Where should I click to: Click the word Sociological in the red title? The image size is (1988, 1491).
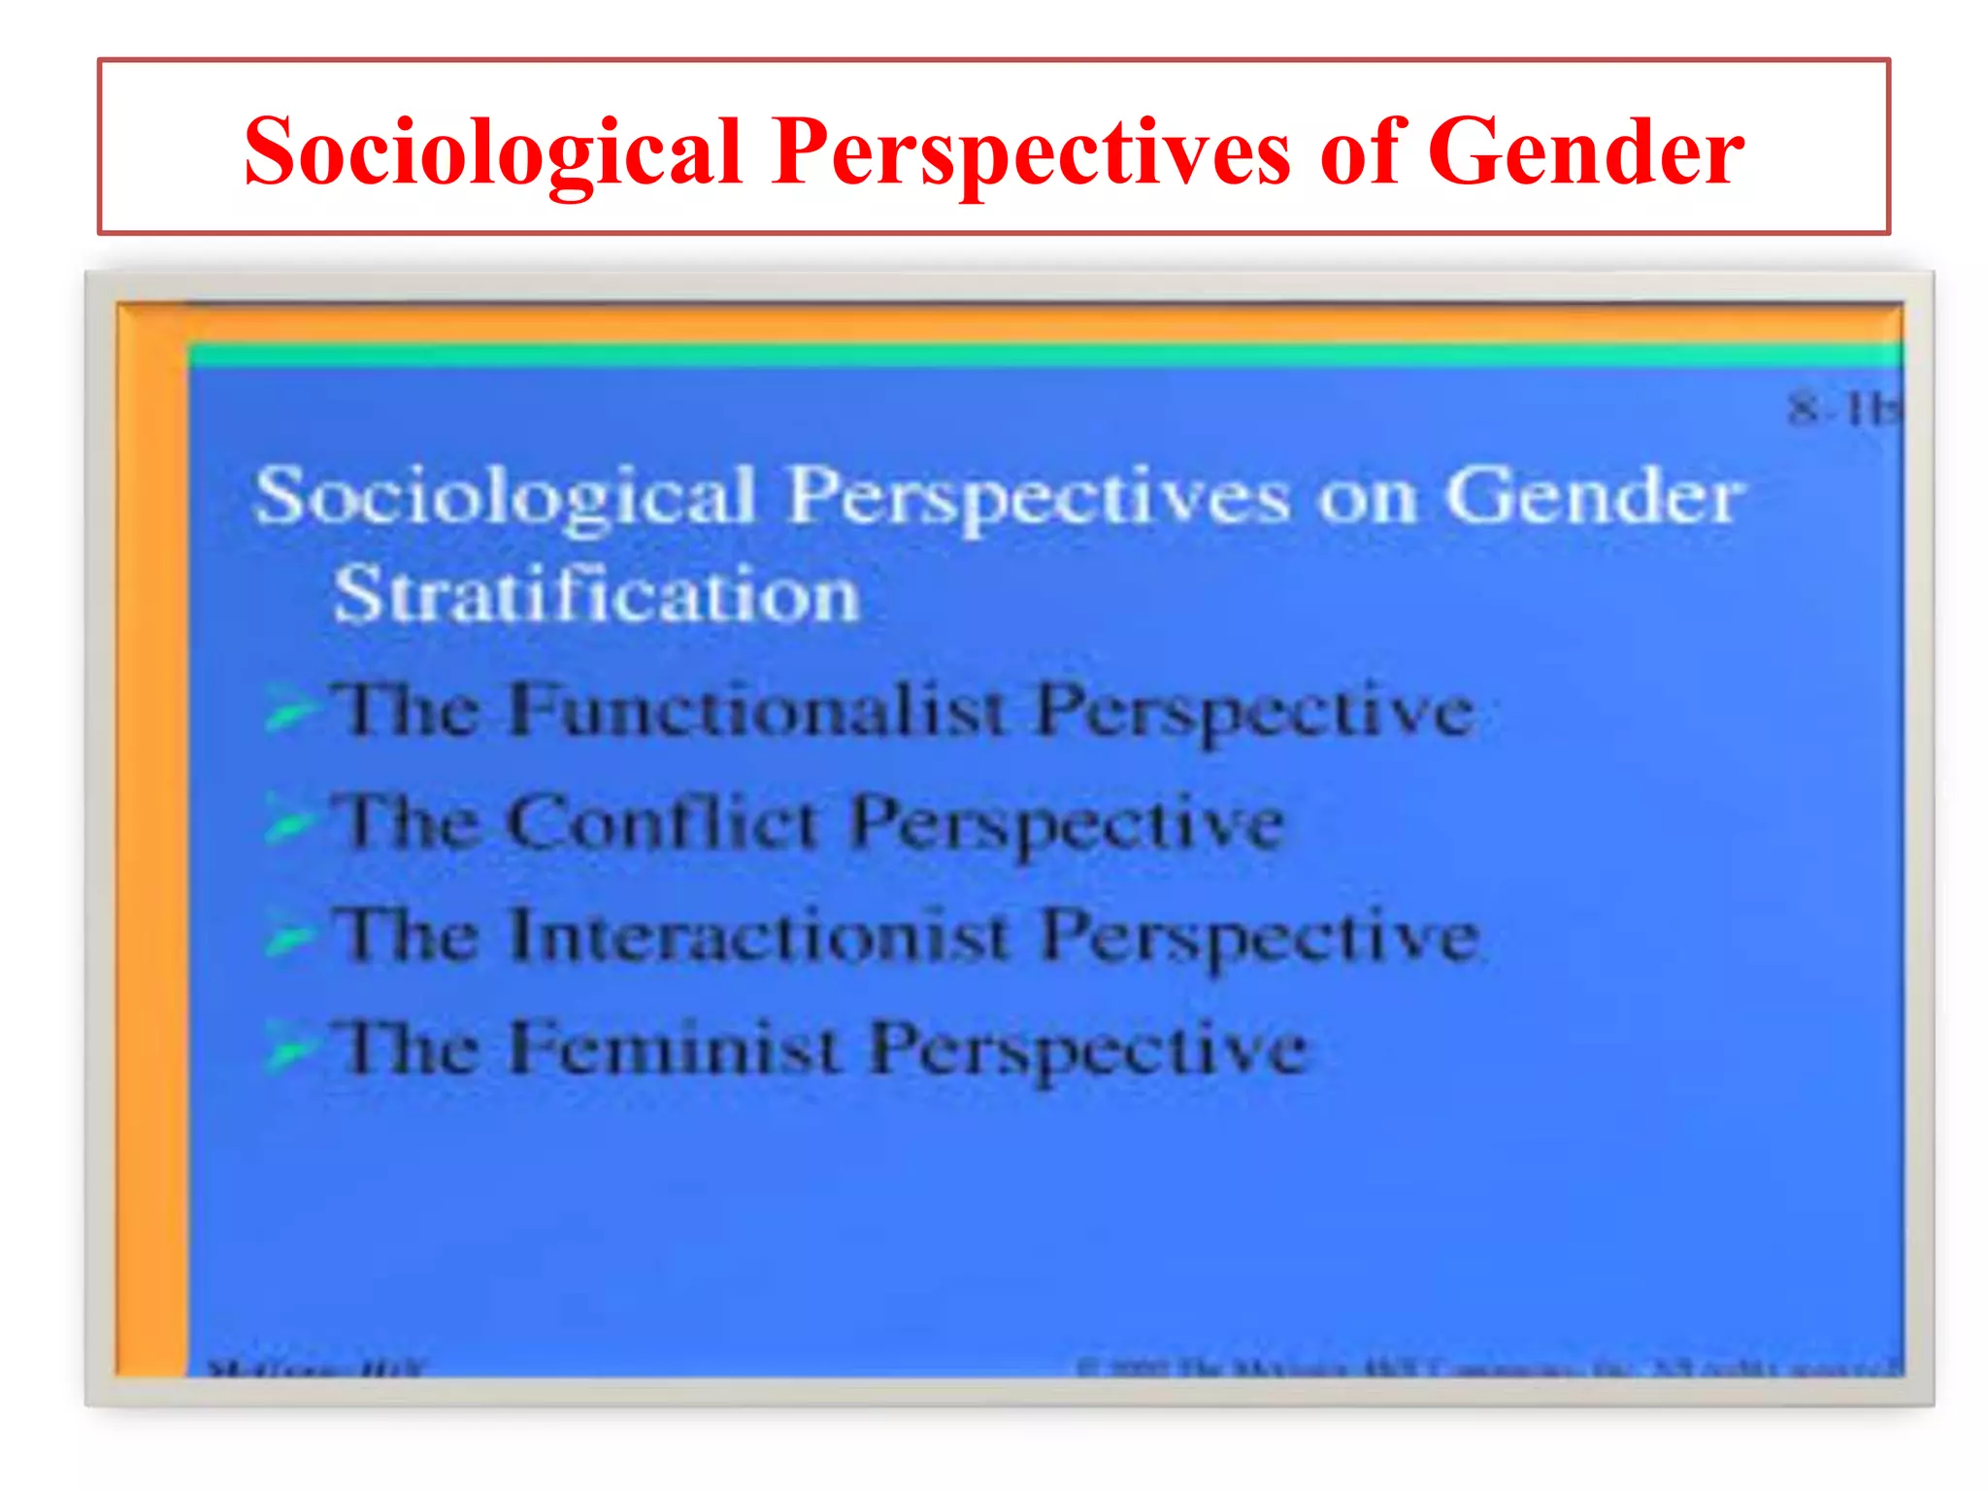(x=492, y=152)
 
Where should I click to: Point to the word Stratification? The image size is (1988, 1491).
(x=596, y=594)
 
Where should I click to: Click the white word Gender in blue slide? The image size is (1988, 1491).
(x=1593, y=496)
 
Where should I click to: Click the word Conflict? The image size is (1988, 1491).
(x=663, y=823)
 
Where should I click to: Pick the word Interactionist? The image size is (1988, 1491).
(x=758, y=936)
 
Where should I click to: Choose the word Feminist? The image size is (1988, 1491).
(x=674, y=1048)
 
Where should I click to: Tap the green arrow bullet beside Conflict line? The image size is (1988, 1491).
(x=289, y=822)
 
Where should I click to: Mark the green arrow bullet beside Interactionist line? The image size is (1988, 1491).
(x=289, y=936)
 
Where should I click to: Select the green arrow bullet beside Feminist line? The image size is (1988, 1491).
(x=289, y=1048)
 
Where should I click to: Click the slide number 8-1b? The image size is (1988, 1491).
(x=1842, y=410)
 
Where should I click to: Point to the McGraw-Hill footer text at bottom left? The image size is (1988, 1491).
(x=315, y=1370)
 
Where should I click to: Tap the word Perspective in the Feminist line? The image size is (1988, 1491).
(x=1088, y=1051)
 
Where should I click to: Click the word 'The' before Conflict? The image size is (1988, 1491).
(x=406, y=822)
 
